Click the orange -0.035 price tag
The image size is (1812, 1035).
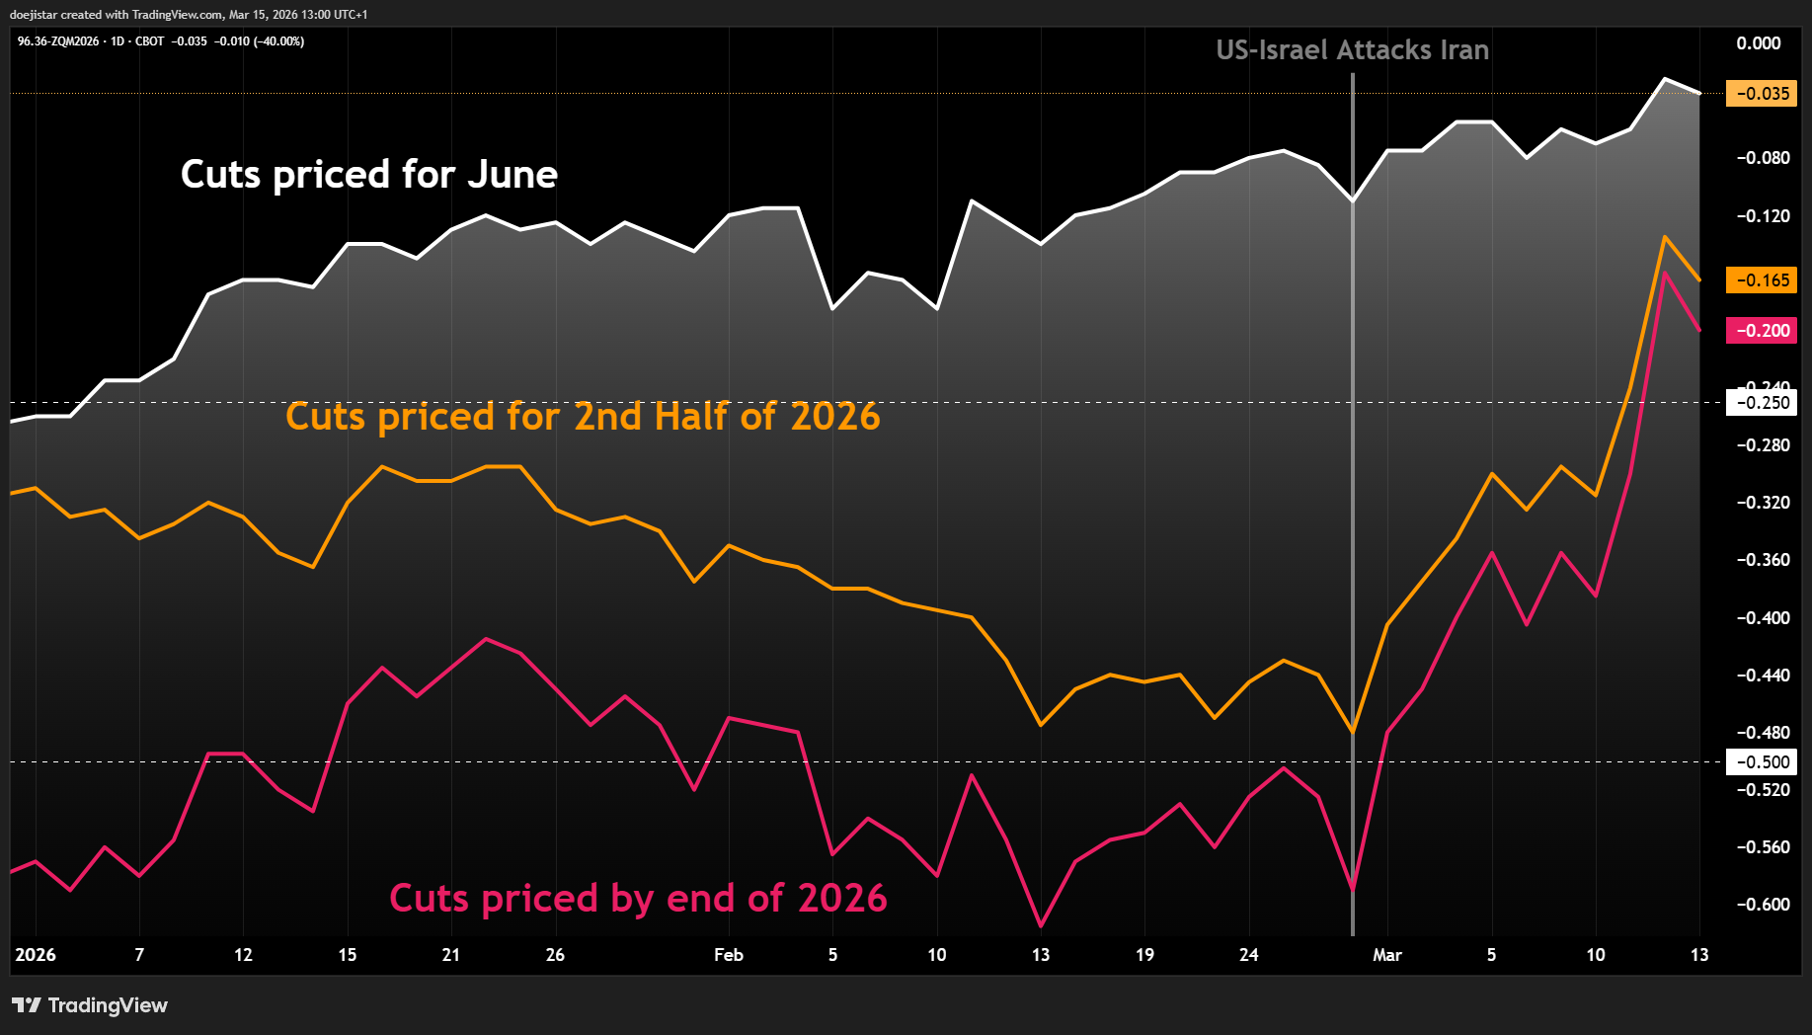pyautogui.click(x=1762, y=94)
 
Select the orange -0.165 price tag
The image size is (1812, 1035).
pyautogui.click(x=1762, y=280)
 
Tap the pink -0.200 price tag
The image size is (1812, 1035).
pyautogui.click(x=1762, y=331)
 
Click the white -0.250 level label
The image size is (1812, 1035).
pyautogui.click(x=1762, y=403)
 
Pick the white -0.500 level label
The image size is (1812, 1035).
pyautogui.click(x=1762, y=762)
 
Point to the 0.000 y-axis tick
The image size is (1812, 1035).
pyautogui.click(x=1758, y=43)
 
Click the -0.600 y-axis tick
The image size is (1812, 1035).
pyautogui.click(x=1762, y=905)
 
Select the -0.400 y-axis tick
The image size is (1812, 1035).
pyautogui.click(x=1762, y=618)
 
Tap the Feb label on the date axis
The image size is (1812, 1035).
pyautogui.click(x=729, y=955)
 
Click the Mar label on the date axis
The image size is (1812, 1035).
pyautogui.click(x=1387, y=955)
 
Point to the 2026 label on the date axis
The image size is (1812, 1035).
pyautogui.click(x=36, y=955)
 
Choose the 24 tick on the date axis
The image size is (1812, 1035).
pyautogui.click(x=1249, y=955)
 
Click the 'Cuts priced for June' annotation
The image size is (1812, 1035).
pyautogui.click(x=369, y=175)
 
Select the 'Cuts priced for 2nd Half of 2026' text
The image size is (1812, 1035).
pyautogui.click(x=583, y=417)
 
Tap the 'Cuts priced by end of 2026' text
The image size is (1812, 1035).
pyautogui.click(x=638, y=899)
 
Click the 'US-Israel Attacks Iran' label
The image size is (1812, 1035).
pyautogui.click(x=1352, y=50)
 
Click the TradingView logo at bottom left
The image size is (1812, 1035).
pyautogui.click(x=90, y=1005)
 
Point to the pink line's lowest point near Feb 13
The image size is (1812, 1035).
pyautogui.click(x=1041, y=925)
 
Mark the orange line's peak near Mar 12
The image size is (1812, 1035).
pyautogui.click(x=1665, y=237)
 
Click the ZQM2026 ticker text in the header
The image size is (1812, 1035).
pyautogui.click(x=74, y=41)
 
